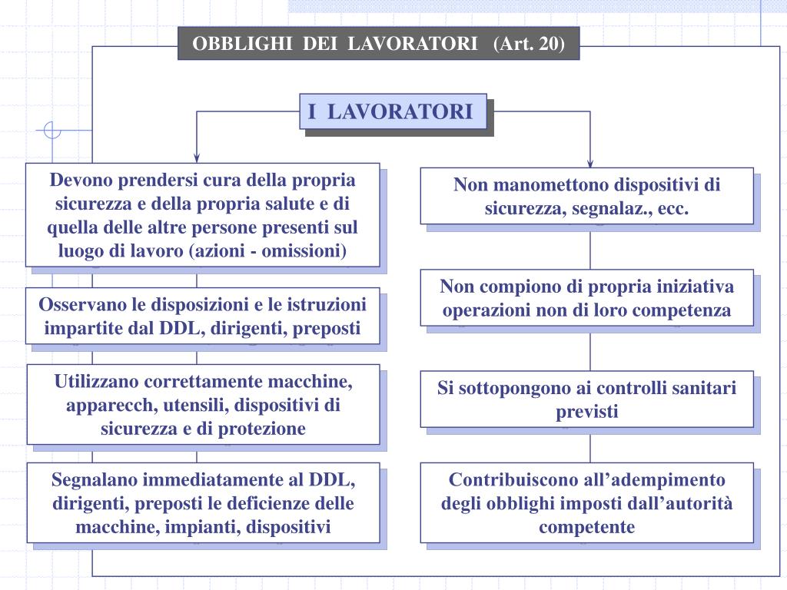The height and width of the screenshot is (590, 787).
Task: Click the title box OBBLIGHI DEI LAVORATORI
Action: point(378,43)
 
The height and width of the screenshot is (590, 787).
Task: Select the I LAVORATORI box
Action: point(392,112)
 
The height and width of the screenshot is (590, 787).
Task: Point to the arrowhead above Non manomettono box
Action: point(590,162)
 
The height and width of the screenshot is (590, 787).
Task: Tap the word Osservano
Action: point(79,304)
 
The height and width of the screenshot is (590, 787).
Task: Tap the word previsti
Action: point(586,412)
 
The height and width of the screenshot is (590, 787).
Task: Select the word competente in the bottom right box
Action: point(586,528)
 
